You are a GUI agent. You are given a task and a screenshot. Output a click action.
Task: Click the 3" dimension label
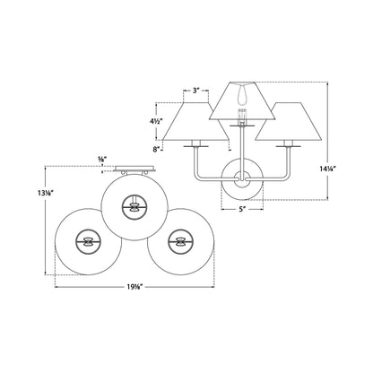[196, 90]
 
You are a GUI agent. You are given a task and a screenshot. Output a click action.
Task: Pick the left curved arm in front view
[205, 166]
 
